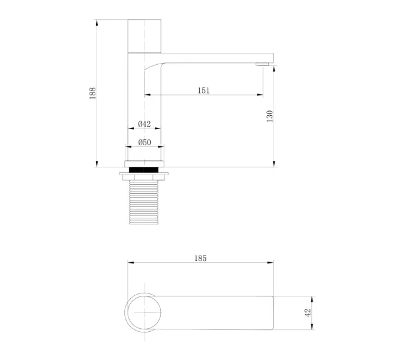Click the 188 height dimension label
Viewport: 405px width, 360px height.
coord(92,93)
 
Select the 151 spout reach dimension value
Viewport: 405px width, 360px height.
coord(203,91)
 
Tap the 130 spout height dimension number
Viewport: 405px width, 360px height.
coord(269,116)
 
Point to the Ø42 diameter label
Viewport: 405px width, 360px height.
coord(145,124)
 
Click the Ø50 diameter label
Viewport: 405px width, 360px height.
coord(145,142)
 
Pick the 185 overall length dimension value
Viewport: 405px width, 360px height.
coord(200,258)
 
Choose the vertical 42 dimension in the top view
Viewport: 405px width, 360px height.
coord(308,313)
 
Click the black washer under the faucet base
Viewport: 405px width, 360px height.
coord(143,170)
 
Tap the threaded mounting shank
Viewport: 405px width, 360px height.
coord(143,202)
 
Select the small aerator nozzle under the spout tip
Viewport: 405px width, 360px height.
coord(262,64)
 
